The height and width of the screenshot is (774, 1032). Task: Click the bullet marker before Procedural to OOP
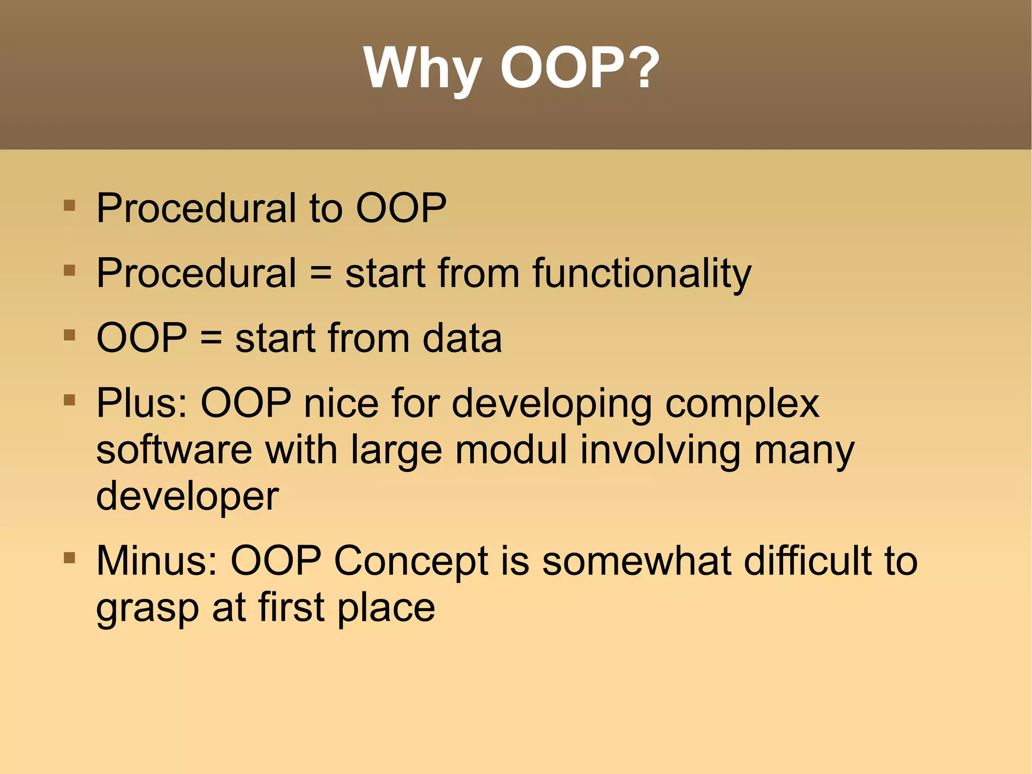(x=70, y=206)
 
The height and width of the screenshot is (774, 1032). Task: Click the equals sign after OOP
(x=211, y=338)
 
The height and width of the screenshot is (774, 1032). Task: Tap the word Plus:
(x=142, y=403)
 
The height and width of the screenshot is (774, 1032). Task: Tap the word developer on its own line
(x=187, y=496)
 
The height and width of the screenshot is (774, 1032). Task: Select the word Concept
(x=411, y=561)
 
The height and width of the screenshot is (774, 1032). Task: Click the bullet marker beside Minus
(x=70, y=558)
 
